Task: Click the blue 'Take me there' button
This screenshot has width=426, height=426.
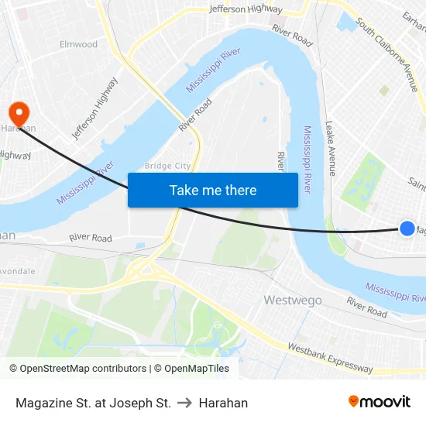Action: [212, 191]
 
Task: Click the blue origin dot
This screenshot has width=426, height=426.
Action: [407, 228]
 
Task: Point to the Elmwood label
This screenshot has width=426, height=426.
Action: [79, 44]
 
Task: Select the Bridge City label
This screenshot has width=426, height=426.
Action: [167, 166]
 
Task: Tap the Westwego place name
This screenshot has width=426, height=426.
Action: [293, 300]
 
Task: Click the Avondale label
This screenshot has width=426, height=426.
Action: [17, 272]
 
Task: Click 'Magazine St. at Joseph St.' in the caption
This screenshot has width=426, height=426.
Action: [93, 403]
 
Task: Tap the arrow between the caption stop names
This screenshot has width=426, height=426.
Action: [185, 403]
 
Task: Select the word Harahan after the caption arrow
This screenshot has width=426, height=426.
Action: [223, 403]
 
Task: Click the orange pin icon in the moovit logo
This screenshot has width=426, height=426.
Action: [354, 401]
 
